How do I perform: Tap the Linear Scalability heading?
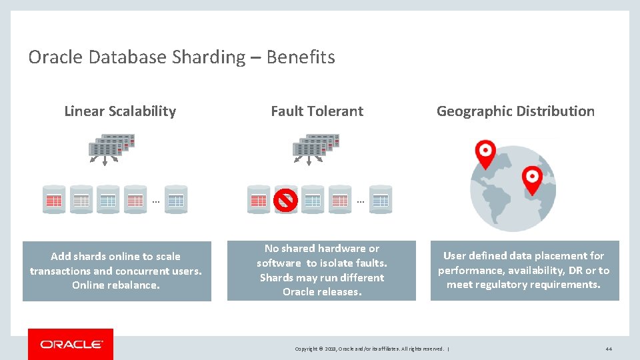(x=120, y=111)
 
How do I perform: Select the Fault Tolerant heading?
(x=317, y=111)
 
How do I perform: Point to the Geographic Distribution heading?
(x=515, y=111)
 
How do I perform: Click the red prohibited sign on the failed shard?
(x=286, y=199)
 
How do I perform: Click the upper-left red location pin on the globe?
(x=485, y=153)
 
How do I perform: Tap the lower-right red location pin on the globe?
(x=532, y=179)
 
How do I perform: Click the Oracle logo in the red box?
(x=71, y=344)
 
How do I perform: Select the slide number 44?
(x=608, y=349)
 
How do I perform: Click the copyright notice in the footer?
(x=371, y=349)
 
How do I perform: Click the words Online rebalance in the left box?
(x=116, y=285)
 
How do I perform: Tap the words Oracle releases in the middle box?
(x=322, y=292)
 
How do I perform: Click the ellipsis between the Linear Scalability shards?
(x=155, y=199)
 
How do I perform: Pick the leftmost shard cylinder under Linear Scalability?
(x=53, y=199)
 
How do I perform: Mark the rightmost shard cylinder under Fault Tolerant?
(x=380, y=199)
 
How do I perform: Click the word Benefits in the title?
(x=301, y=57)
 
